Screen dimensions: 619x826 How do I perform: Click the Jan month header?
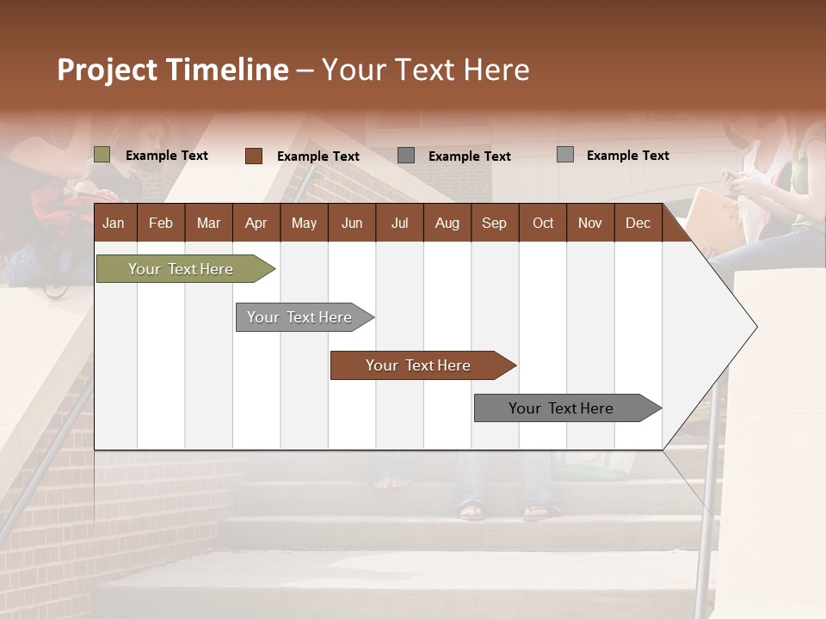114,223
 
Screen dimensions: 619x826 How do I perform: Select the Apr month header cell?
256,223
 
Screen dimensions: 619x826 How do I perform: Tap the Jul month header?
399,223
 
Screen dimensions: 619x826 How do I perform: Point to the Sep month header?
495,223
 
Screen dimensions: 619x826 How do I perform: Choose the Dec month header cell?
638,223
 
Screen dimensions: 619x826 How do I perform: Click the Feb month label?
161,223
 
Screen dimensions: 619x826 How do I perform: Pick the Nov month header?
590,223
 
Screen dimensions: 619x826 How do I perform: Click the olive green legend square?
102,155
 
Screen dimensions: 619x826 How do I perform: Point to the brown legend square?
254,156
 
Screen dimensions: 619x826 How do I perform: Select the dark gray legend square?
406,156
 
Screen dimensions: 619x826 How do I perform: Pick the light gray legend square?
565,155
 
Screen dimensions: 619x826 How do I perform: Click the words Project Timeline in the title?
173,70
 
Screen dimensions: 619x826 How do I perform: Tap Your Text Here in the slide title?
426,70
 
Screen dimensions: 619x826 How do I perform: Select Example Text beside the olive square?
167,156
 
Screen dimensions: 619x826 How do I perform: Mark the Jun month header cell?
352,223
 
